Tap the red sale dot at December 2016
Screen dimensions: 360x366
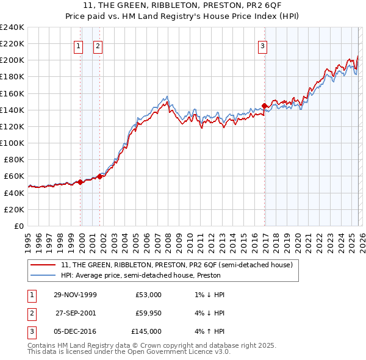coord(264,106)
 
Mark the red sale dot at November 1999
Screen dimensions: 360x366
coord(81,182)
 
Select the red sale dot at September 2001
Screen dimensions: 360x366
coord(99,176)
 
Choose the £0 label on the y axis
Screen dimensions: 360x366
coord(18,226)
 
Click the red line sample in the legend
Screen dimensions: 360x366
coord(44,265)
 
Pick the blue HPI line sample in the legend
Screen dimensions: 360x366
coord(44,275)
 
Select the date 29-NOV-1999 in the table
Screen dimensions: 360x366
coord(75,295)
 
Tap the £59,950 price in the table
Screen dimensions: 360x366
coord(148,313)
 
